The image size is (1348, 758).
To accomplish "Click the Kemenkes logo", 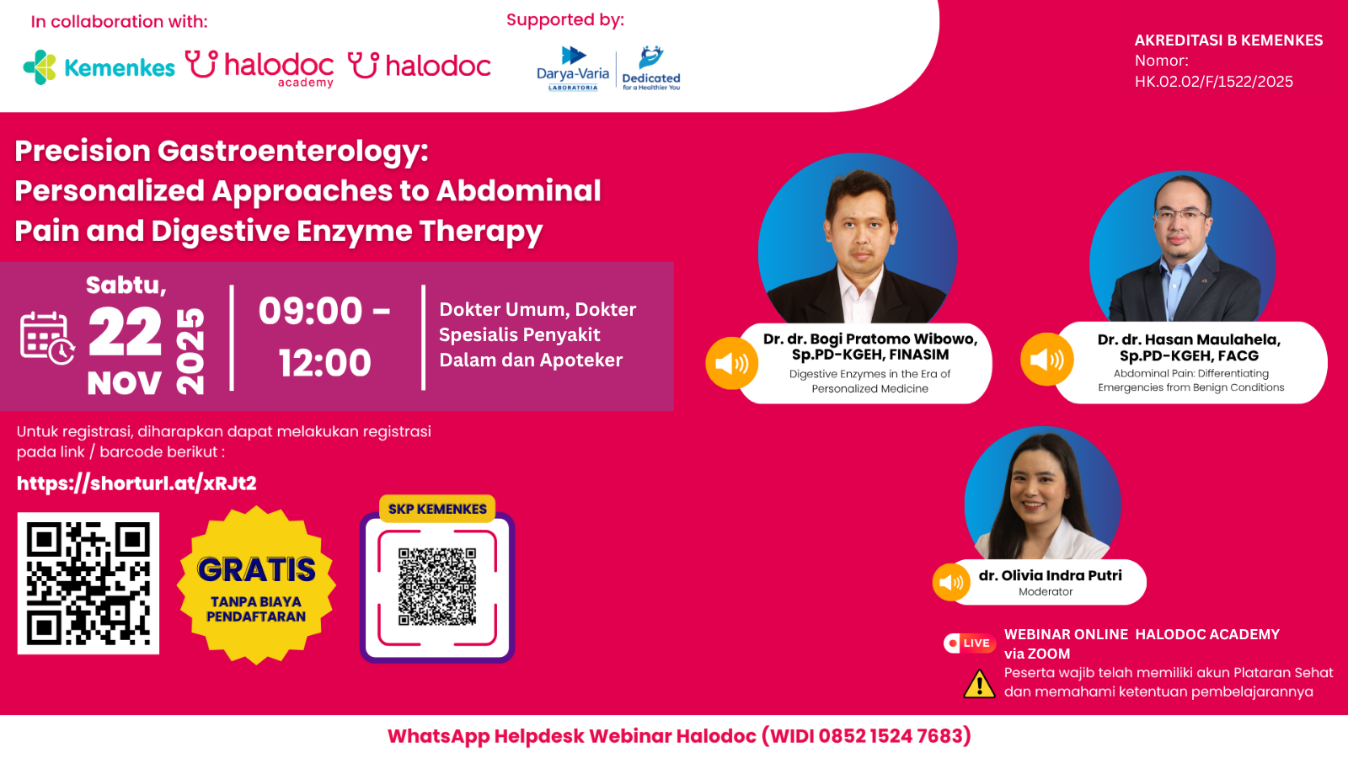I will click(x=99, y=67).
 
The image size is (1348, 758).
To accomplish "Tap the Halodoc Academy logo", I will click(x=259, y=67).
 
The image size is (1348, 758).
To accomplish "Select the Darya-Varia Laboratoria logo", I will click(x=573, y=68).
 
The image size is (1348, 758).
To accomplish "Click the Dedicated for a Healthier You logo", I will click(x=651, y=68).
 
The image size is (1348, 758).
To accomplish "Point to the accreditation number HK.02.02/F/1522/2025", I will click(x=1213, y=82).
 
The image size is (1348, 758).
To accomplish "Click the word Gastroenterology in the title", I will click(x=292, y=151).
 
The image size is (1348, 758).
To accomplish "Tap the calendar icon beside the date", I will click(x=47, y=338).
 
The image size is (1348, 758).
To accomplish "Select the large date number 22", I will click(x=125, y=333).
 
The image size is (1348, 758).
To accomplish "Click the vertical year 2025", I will click(x=190, y=350).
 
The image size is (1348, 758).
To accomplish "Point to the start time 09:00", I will click(x=310, y=311).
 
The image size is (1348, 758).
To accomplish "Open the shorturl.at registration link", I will click(x=136, y=483).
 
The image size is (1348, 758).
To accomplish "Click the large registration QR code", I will click(x=88, y=583).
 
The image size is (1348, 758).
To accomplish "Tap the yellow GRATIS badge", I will click(x=256, y=585).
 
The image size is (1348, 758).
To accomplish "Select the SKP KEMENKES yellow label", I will click(x=437, y=509).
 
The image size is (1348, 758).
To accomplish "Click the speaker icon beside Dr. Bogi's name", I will click(x=731, y=363).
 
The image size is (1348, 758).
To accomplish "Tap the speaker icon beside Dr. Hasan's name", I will click(x=1046, y=360).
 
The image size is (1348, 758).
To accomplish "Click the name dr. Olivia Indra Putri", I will click(x=1050, y=575).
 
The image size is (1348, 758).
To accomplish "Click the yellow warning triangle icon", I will click(x=979, y=684).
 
